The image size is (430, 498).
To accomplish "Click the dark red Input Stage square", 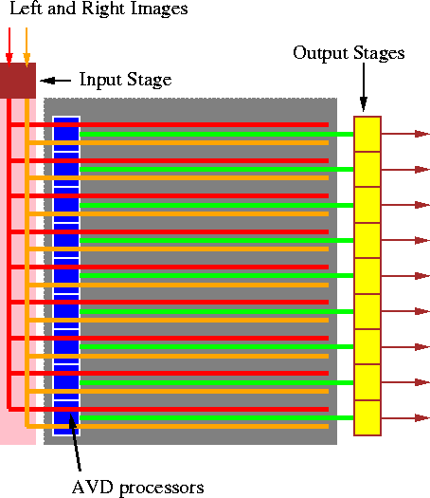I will point(18,81).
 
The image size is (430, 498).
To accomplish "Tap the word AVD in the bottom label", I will point(92,488).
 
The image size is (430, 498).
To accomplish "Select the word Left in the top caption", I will point(26,9).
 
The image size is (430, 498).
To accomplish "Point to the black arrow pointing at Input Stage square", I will point(57,81).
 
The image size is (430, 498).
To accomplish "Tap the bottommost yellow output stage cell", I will point(367,418).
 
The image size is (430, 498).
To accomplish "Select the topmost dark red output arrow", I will point(405,134).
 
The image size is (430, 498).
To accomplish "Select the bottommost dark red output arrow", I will point(405,418).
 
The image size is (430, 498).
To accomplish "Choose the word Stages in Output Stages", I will point(377,53).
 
